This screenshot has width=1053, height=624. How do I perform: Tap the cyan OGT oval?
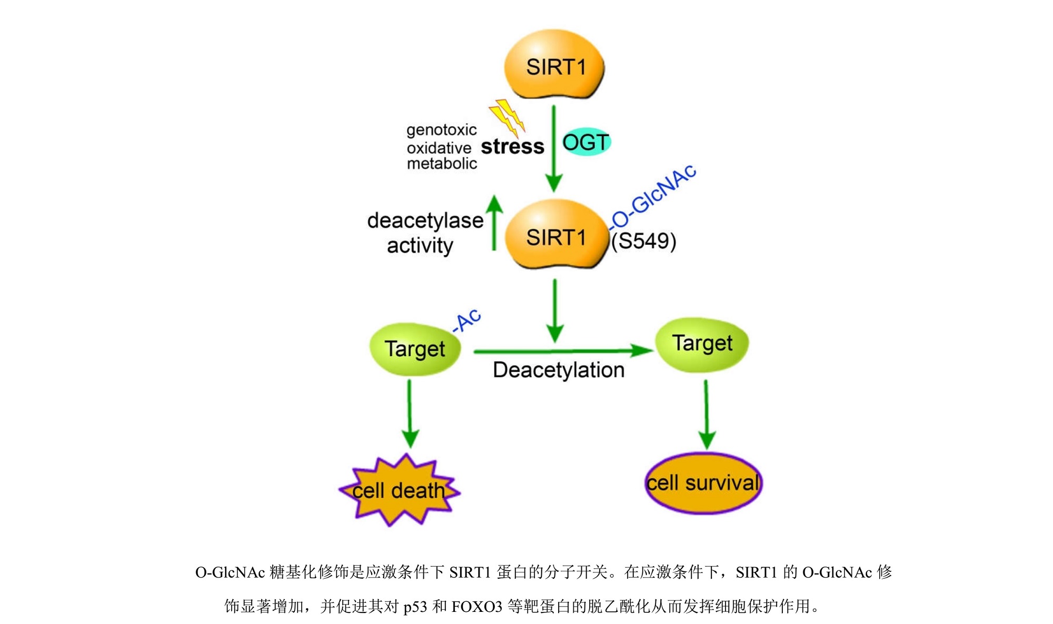click(x=586, y=142)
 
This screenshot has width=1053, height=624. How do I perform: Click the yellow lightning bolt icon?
click(x=507, y=116)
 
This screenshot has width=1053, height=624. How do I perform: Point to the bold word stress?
click(x=512, y=146)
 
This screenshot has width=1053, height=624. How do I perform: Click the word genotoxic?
click(x=441, y=130)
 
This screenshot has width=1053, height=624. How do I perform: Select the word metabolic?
click(x=442, y=164)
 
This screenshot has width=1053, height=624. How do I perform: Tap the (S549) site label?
click(x=643, y=241)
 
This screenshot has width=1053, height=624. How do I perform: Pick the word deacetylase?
click(x=425, y=220)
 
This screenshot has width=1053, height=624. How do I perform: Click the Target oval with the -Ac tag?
click(x=415, y=349)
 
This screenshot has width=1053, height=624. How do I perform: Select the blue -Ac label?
click(x=467, y=320)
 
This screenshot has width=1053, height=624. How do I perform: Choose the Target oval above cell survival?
click(x=702, y=344)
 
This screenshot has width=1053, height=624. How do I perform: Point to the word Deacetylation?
click(x=559, y=370)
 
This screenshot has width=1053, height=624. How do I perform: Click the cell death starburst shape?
click(x=399, y=490)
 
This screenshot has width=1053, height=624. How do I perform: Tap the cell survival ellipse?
click(x=703, y=483)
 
